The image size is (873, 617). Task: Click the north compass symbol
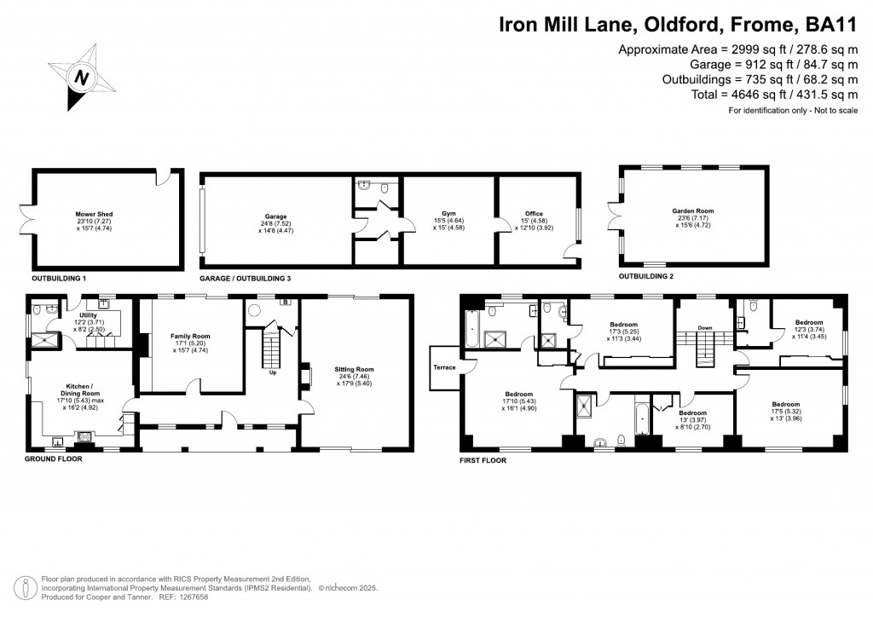(83, 78)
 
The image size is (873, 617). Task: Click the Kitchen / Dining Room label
(78, 389)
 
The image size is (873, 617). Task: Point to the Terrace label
(445, 367)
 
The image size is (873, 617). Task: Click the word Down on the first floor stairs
(705, 327)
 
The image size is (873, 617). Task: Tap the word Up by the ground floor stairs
(273, 372)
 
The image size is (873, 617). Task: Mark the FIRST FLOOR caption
(483, 460)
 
